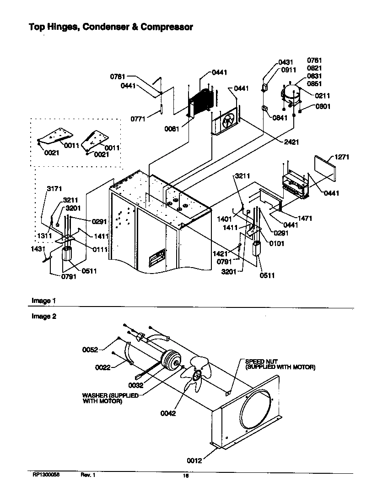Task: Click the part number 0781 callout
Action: [x=117, y=77]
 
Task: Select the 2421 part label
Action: [x=291, y=142]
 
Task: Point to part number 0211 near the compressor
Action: [x=322, y=96]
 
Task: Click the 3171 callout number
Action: [x=54, y=188]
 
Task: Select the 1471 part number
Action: [x=305, y=219]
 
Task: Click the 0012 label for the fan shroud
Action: [x=194, y=460]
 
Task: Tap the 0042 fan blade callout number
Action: [x=168, y=413]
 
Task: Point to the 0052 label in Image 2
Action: [x=90, y=350]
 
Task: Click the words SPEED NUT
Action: [x=261, y=362]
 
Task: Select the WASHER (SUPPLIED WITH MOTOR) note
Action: [x=110, y=398]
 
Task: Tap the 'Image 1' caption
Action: [x=43, y=301]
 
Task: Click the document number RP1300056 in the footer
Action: [x=46, y=476]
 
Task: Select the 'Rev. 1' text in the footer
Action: [x=88, y=476]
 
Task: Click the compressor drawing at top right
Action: [x=291, y=95]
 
